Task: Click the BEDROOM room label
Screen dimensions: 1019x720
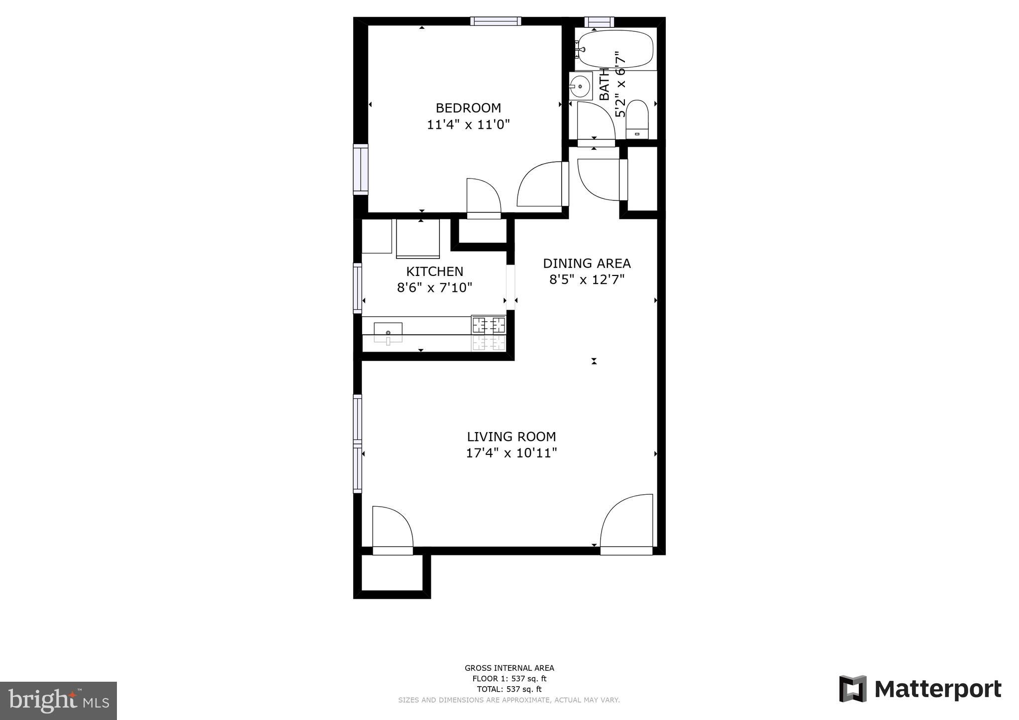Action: tap(468, 108)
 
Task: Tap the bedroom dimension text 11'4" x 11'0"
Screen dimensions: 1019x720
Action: tap(468, 124)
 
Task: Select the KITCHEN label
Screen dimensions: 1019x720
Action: tap(435, 271)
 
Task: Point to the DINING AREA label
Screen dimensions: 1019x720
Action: tap(587, 264)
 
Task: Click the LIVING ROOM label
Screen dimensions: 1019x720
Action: tap(511, 437)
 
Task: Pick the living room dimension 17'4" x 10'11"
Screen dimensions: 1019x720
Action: tap(511, 453)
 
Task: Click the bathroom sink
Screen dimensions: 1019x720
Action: tap(580, 86)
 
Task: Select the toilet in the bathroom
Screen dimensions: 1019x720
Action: tap(637, 119)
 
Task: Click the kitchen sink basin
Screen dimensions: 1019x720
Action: tap(388, 332)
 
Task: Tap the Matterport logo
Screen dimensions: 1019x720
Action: tap(920, 689)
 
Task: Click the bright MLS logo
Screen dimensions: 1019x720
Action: tap(59, 700)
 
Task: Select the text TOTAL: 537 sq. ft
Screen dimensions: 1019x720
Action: tap(509, 689)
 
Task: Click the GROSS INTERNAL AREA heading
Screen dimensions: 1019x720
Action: tap(509, 668)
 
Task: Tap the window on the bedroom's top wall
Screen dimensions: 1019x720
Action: tap(496, 21)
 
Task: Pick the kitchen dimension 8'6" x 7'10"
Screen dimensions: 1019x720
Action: tap(434, 287)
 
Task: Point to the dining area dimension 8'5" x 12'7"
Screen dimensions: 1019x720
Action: tap(587, 279)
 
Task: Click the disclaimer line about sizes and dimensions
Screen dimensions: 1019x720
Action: tap(509, 700)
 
